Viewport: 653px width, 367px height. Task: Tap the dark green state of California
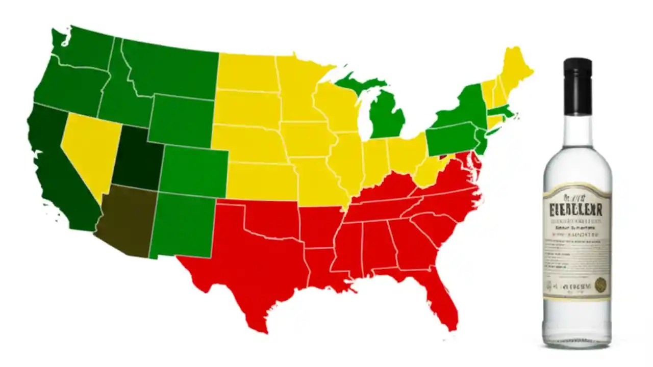(56, 168)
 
